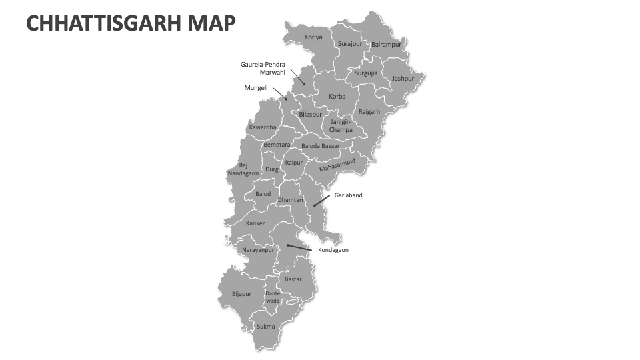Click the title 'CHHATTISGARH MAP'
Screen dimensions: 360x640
[131, 24]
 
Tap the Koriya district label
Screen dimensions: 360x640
[313, 37]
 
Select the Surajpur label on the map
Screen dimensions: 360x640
[349, 44]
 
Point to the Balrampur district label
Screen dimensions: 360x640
[386, 45]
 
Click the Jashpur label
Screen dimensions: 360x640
[403, 78]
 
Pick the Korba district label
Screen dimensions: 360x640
[337, 97]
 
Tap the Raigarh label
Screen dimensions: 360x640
[369, 112]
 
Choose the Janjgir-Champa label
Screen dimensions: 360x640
[341, 125]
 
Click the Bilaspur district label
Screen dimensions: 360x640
[310, 115]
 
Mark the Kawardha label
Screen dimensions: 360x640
[263, 127]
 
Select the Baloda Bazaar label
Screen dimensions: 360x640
[320, 145]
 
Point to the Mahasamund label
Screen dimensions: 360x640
[337, 165]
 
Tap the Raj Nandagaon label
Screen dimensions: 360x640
[243, 169]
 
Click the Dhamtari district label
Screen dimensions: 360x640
[290, 199]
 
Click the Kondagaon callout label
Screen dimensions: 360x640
[333, 250]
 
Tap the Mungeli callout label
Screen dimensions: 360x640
[255, 87]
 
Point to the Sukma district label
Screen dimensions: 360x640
[266, 327]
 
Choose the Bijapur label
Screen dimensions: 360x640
[241, 293]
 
